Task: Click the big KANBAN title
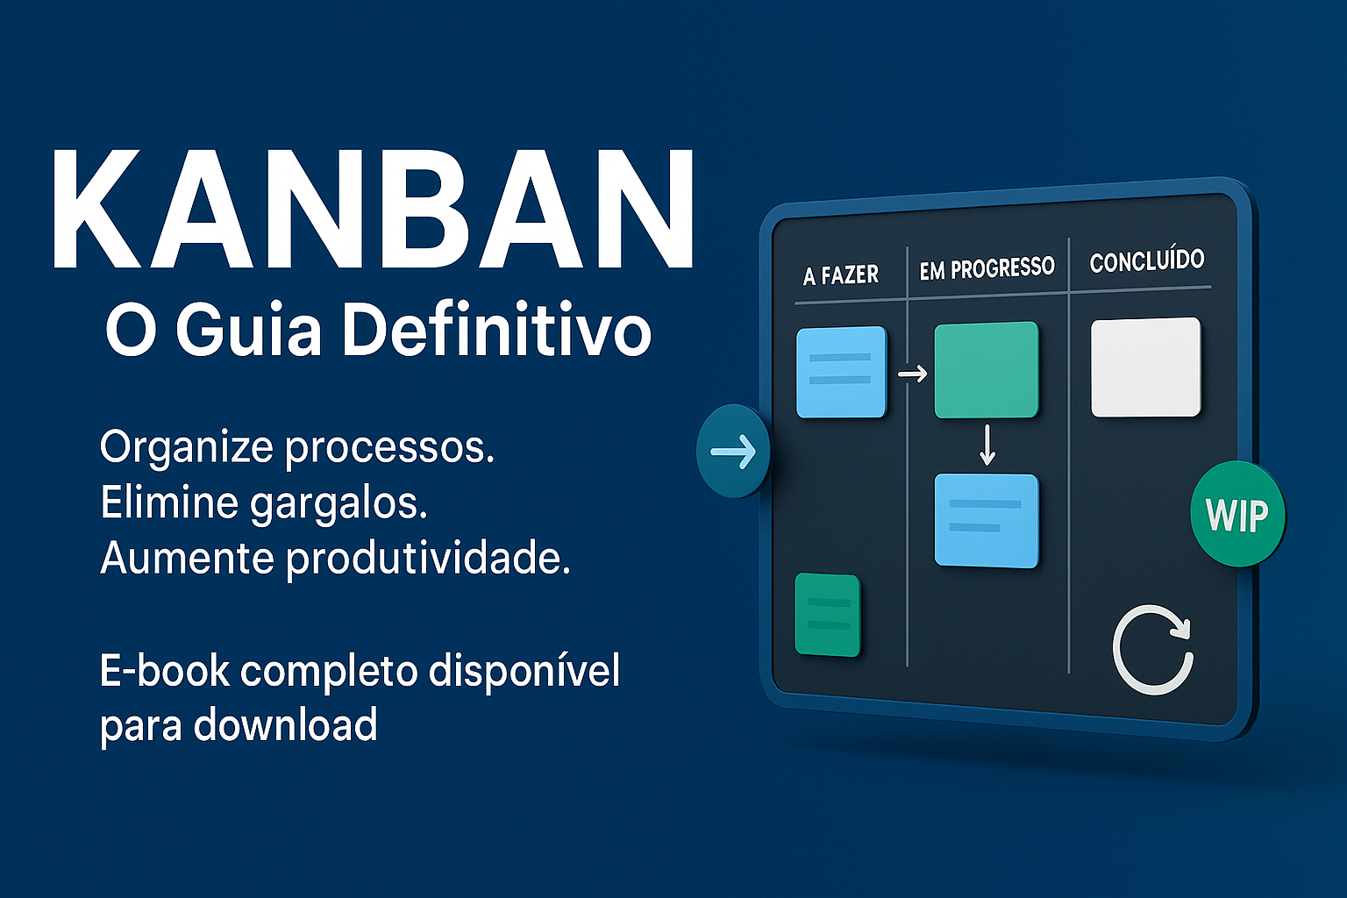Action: pyautogui.click(x=373, y=211)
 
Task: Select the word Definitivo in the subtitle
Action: pyautogui.click(x=496, y=330)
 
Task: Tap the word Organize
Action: pyautogui.click(x=186, y=447)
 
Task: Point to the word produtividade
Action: pyautogui.click(x=428, y=559)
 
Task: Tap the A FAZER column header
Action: pyautogui.click(x=840, y=275)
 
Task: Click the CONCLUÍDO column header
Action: pyautogui.click(x=1146, y=260)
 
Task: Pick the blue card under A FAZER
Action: pyautogui.click(x=841, y=372)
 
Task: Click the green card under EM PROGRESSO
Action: pyautogui.click(x=986, y=370)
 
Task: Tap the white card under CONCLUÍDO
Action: pyautogui.click(x=1145, y=367)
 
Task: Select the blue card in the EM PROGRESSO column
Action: pyautogui.click(x=986, y=520)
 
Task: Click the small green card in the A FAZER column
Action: pyautogui.click(x=827, y=615)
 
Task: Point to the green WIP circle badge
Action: pyautogui.click(x=1237, y=514)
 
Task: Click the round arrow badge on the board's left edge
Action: pyautogui.click(x=733, y=452)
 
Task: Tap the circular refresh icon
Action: pyautogui.click(x=1152, y=650)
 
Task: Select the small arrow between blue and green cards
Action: pyautogui.click(x=912, y=374)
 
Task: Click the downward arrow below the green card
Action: pyautogui.click(x=987, y=445)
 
